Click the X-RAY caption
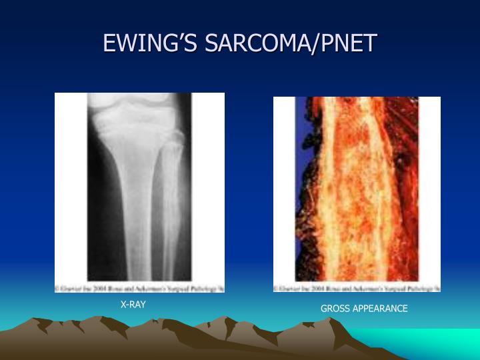(133, 305)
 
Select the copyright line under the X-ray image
(139, 288)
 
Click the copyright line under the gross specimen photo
(357, 288)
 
